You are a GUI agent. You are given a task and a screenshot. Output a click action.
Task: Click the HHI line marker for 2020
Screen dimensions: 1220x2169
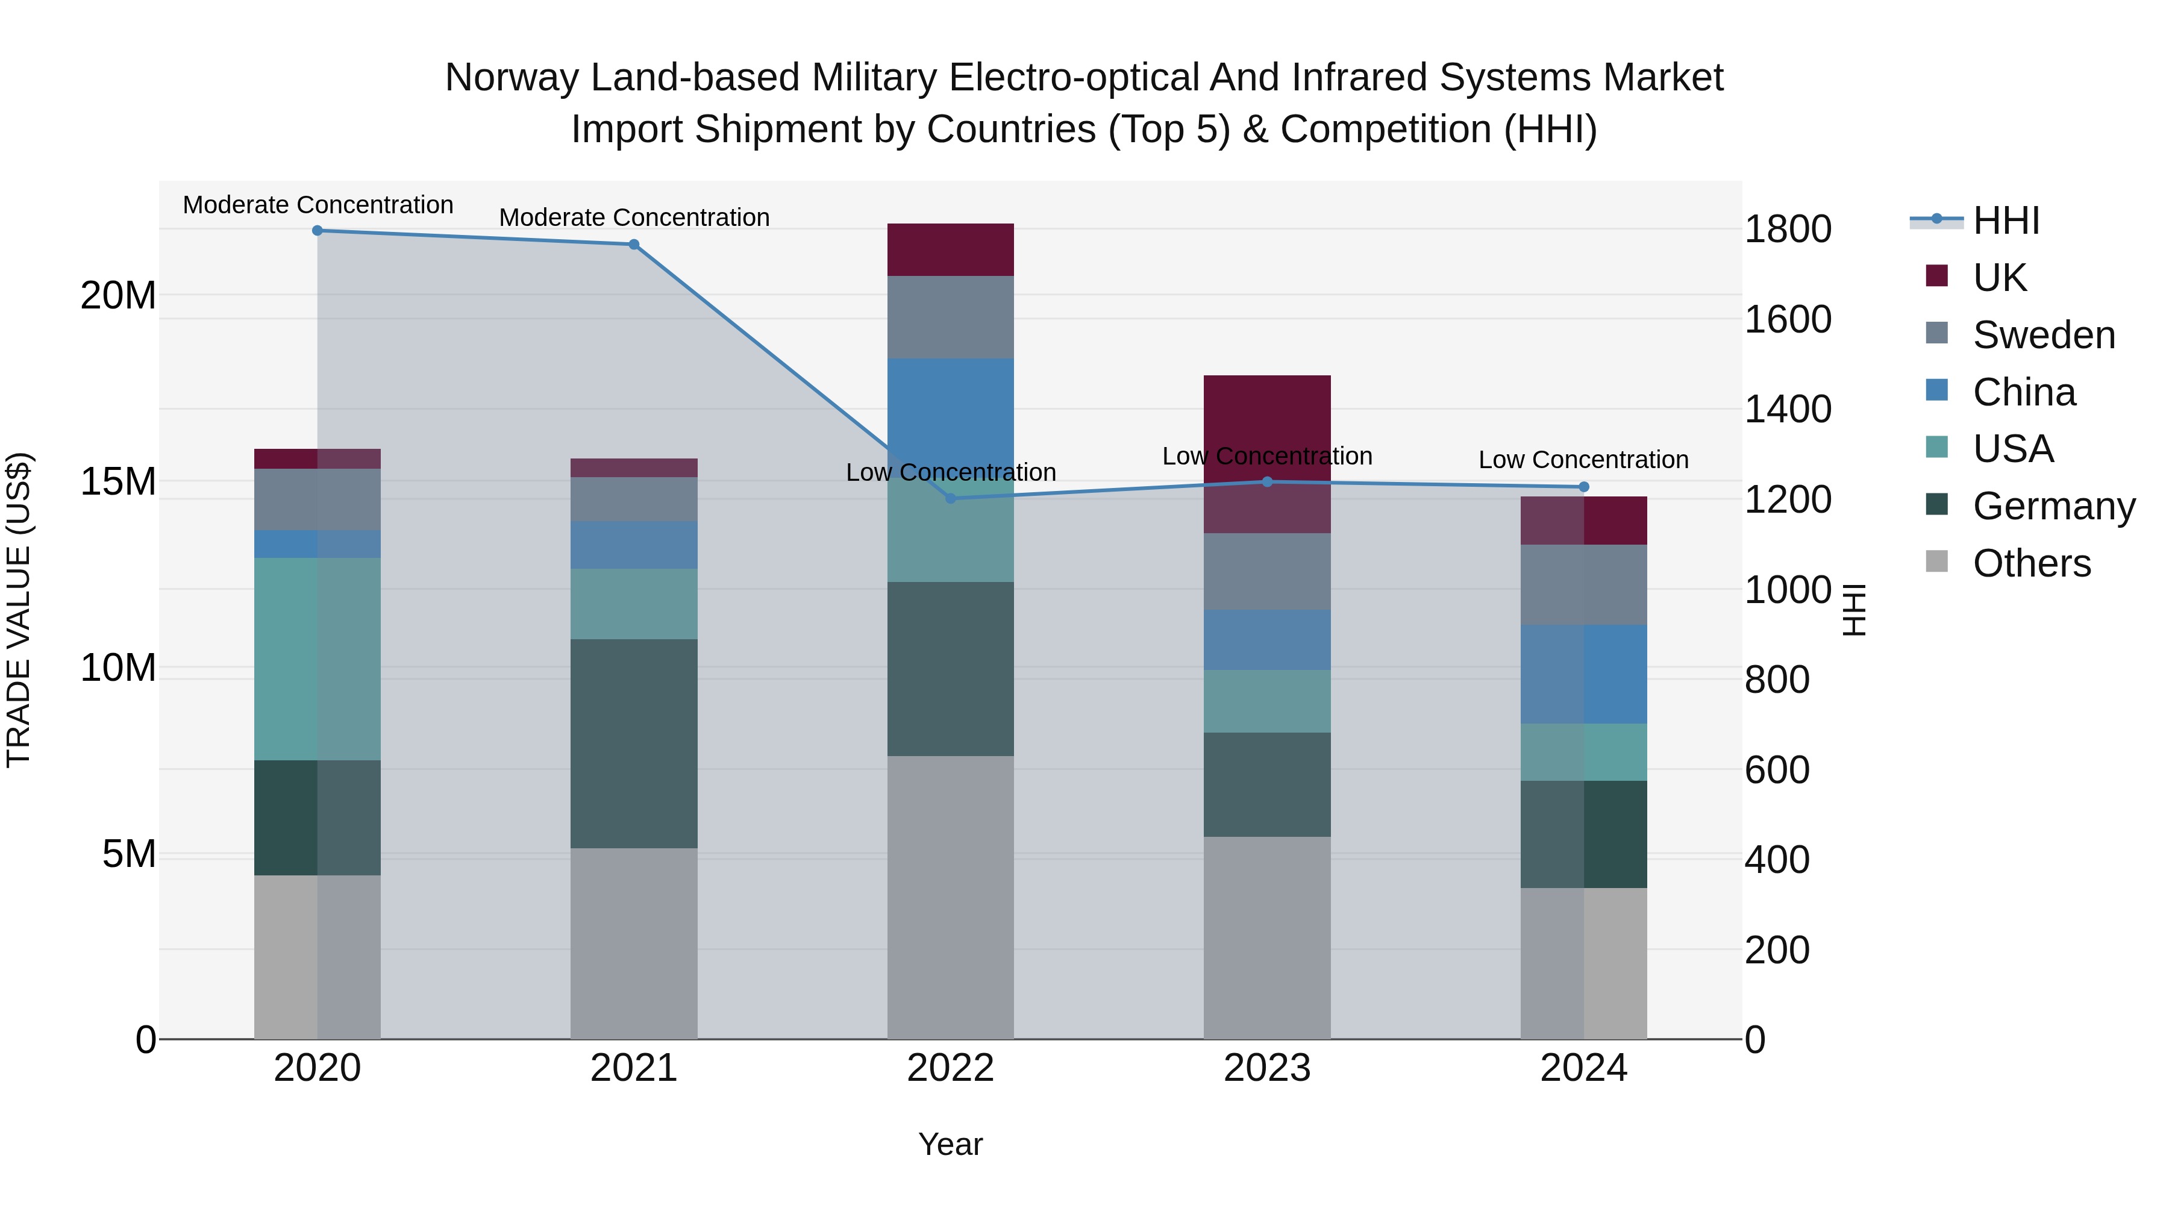tap(318, 231)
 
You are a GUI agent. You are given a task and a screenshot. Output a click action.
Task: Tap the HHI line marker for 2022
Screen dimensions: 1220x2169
tap(951, 498)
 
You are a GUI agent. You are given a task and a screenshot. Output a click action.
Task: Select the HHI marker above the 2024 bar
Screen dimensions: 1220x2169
tap(1584, 487)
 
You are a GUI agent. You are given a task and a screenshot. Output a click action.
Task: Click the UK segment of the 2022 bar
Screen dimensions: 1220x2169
tap(951, 250)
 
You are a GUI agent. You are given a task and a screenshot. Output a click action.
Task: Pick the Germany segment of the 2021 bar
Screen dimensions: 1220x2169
tap(634, 743)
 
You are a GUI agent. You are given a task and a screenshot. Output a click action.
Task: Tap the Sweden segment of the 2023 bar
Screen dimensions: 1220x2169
tap(1267, 572)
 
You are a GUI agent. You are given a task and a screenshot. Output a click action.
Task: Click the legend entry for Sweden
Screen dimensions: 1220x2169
tap(2044, 335)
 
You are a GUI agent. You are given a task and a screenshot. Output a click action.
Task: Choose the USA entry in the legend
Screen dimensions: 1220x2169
tap(2012, 449)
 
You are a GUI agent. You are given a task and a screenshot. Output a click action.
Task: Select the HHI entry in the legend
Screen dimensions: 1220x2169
tap(2006, 221)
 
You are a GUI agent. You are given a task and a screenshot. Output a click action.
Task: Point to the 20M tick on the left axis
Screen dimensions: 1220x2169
tap(118, 296)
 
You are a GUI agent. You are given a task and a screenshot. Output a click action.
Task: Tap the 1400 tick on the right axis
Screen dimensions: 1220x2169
tap(1788, 409)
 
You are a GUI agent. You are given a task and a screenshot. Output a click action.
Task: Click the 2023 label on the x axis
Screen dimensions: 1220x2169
tap(1267, 1068)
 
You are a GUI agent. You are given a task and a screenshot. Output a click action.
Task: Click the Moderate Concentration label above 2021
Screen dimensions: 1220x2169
tap(634, 217)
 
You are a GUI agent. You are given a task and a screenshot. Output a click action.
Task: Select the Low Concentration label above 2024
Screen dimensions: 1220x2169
tap(1584, 460)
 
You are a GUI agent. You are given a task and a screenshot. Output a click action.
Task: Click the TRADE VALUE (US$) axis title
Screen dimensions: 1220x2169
tap(19, 610)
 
